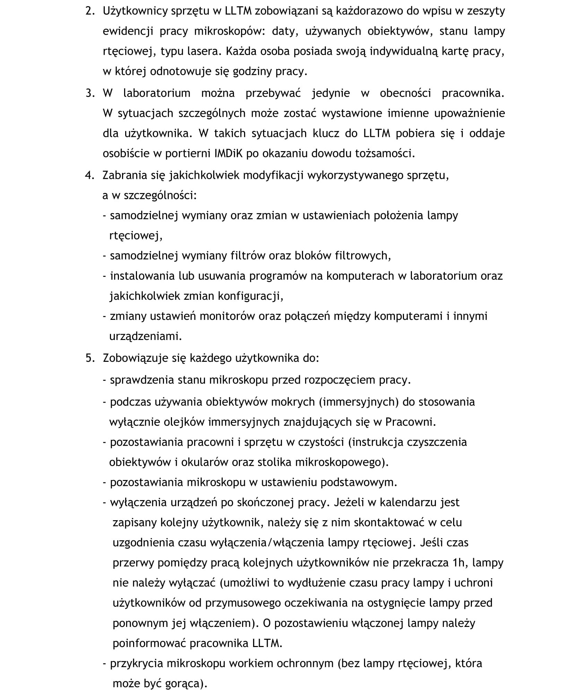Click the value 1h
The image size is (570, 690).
458,563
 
